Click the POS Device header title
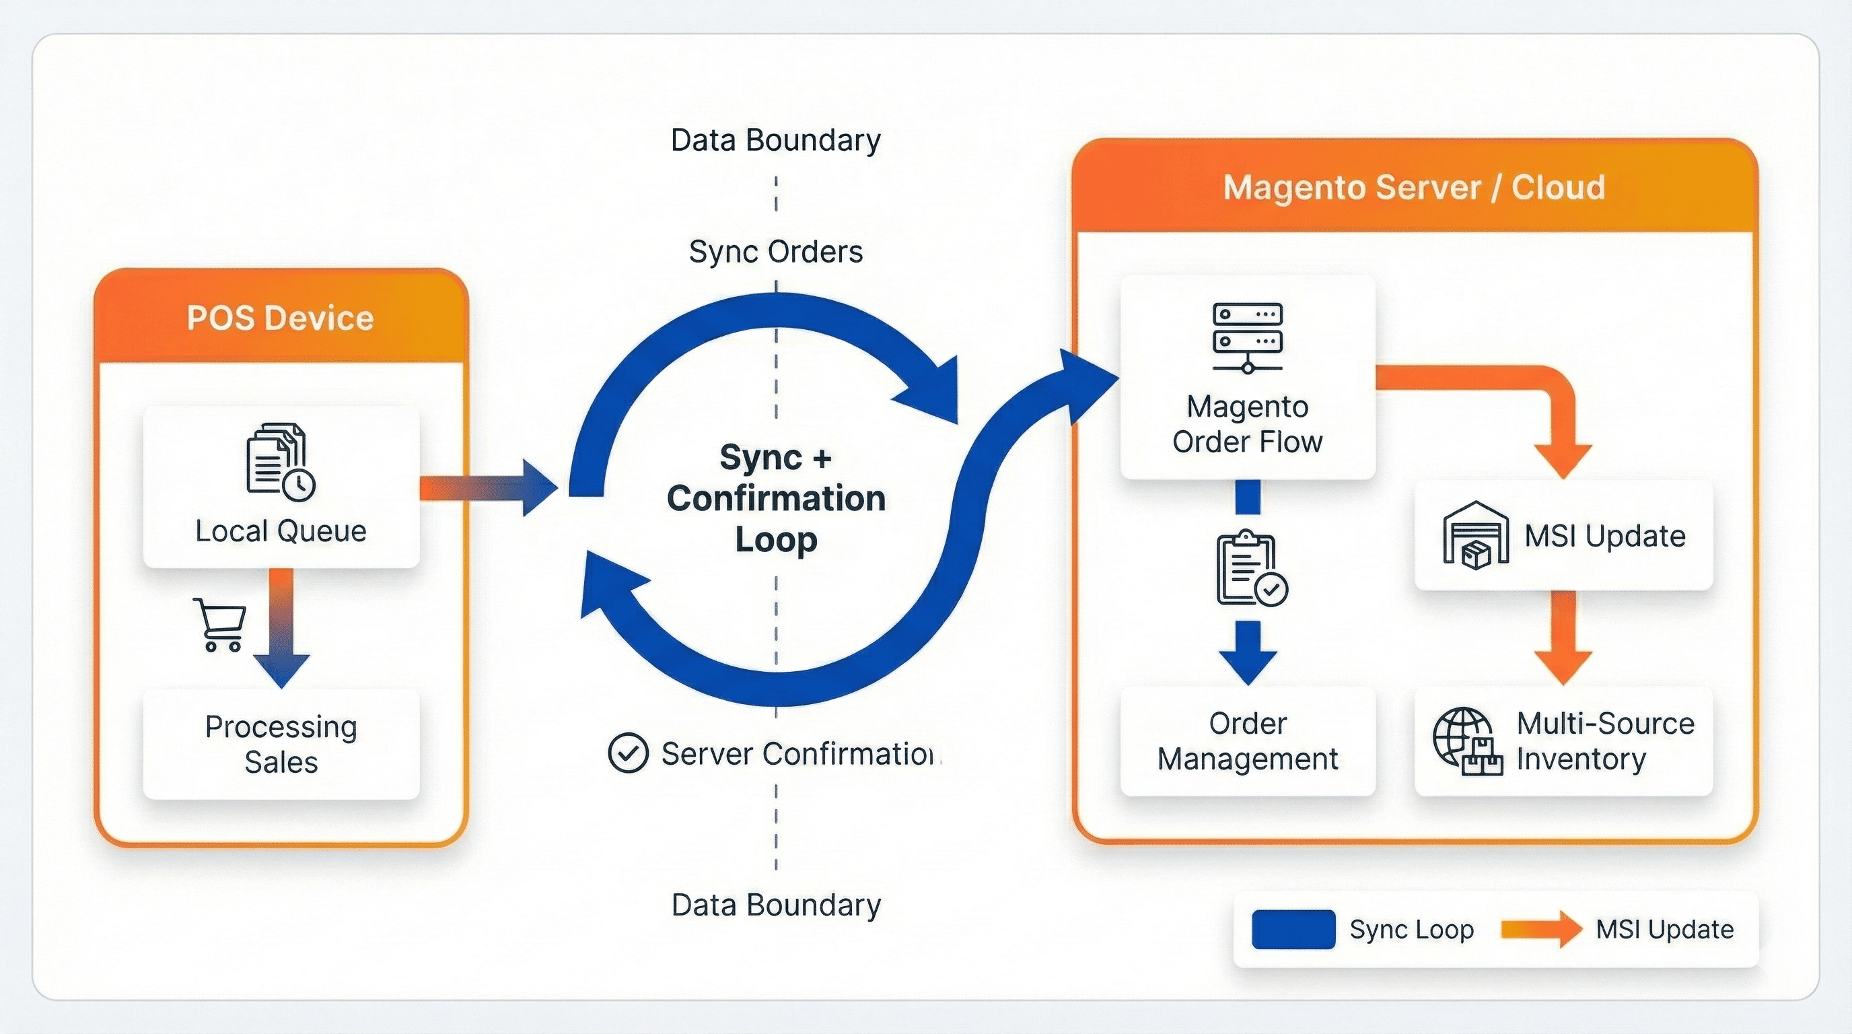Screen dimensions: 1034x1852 click(x=281, y=318)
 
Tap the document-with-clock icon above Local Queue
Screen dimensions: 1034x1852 click(x=280, y=461)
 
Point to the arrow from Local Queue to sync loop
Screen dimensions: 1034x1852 click(x=489, y=488)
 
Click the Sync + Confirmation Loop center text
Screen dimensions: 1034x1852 click(x=776, y=498)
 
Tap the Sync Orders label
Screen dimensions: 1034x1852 click(x=775, y=252)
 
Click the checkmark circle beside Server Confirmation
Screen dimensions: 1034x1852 click(x=628, y=753)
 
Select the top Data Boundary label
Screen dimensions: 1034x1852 click(x=775, y=140)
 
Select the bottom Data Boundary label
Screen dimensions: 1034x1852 click(x=775, y=905)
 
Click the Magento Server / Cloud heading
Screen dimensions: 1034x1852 click(x=1413, y=188)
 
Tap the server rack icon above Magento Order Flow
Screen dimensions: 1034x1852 click(x=1248, y=337)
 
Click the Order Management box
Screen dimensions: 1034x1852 click(x=1248, y=740)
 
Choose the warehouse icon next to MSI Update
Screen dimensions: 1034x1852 click(x=1475, y=535)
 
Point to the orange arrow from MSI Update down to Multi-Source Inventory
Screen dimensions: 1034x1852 click(x=1563, y=636)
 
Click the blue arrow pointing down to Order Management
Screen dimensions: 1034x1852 click(x=1248, y=651)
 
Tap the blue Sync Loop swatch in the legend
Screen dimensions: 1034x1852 click(x=1293, y=929)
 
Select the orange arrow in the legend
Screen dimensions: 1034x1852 click(x=1540, y=929)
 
